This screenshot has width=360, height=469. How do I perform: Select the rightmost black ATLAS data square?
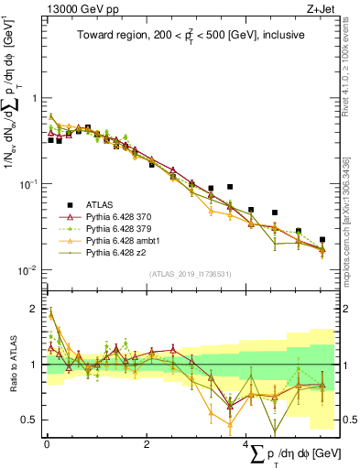(x=322, y=240)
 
